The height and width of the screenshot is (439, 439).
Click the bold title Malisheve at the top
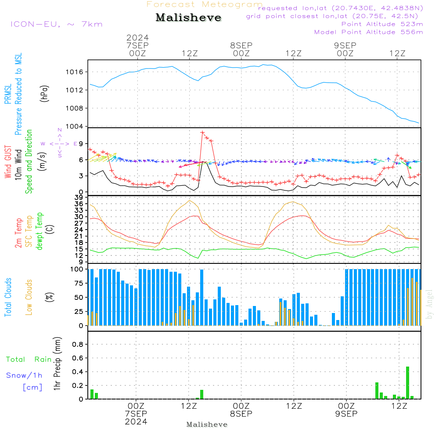point(188,18)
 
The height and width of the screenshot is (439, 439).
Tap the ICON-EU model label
point(56,24)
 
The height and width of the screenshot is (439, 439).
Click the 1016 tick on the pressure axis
point(75,72)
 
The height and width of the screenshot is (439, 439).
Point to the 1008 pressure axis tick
point(75,108)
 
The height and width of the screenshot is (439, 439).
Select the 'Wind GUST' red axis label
point(8,162)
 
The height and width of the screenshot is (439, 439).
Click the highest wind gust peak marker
point(202,132)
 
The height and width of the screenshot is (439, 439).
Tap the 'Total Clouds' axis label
point(8,297)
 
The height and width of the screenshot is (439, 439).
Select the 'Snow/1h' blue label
point(24,375)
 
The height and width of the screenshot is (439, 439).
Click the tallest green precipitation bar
point(407,382)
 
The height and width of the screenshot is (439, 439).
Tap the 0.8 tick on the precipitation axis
point(77,345)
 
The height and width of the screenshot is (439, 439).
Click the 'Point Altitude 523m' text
point(382,24)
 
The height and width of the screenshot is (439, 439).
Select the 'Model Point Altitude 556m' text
point(369,32)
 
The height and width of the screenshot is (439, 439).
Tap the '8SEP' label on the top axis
point(241,45)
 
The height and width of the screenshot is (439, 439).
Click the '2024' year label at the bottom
point(136,421)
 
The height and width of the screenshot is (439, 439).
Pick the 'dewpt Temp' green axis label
point(40,231)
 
